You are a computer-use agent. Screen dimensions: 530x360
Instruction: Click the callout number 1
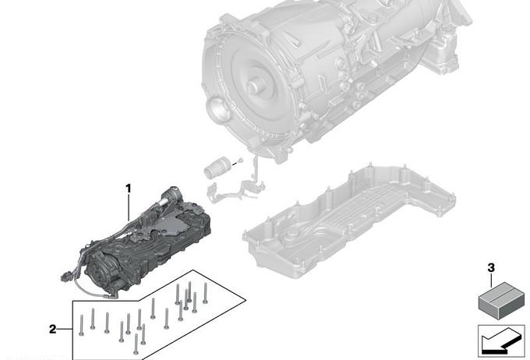pyautogui.click(x=128, y=189)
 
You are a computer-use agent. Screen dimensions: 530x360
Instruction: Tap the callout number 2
pyautogui.click(x=53, y=329)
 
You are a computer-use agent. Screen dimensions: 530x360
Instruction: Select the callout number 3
pyautogui.click(x=491, y=268)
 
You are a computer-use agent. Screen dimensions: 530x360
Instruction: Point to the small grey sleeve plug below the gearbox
pyautogui.click(x=217, y=166)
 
